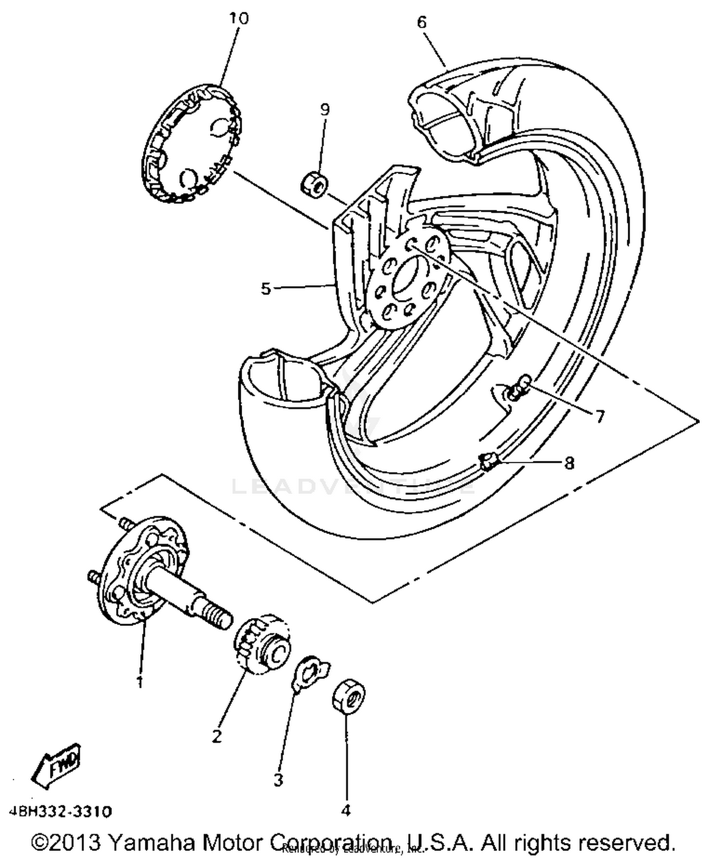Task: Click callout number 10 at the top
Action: (x=239, y=19)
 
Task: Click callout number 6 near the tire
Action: (x=421, y=22)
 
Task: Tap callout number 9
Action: (x=325, y=109)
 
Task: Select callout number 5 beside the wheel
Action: (x=266, y=288)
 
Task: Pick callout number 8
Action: (x=570, y=463)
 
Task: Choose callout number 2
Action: (x=217, y=735)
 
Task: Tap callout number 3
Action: (x=278, y=780)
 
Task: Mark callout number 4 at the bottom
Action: (x=346, y=810)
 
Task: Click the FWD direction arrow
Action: (x=57, y=764)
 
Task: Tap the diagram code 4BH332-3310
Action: (x=60, y=812)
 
